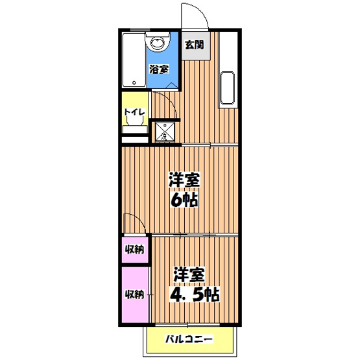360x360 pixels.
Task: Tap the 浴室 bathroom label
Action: click(x=158, y=69)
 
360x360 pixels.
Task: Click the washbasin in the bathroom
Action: click(x=158, y=43)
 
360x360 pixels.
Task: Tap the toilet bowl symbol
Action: click(x=134, y=130)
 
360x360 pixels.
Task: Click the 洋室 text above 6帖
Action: click(x=185, y=180)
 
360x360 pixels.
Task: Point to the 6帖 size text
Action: click(x=185, y=200)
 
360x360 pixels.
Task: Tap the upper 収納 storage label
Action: click(x=134, y=250)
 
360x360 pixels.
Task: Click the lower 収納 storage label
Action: click(x=134, y=294)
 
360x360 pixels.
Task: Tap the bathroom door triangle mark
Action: click(x=171, y=85)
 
